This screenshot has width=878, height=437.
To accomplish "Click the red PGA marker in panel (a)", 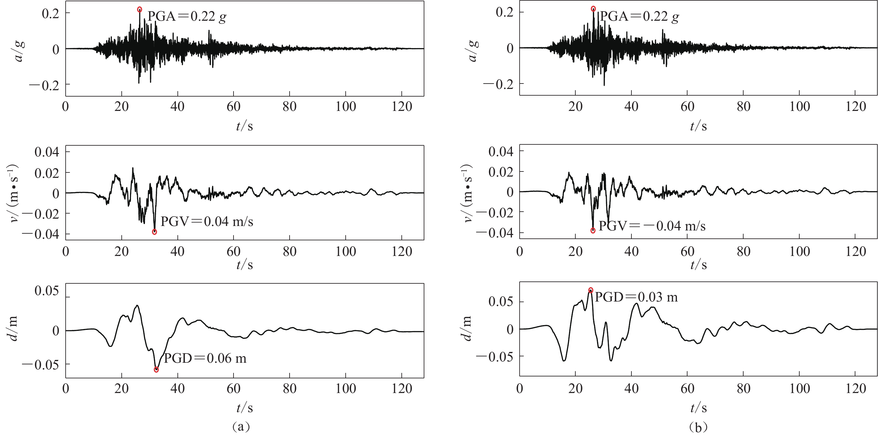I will point(140,10).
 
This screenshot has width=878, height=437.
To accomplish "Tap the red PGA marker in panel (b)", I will point(594,9).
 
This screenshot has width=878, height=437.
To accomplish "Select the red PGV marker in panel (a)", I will point(155,232).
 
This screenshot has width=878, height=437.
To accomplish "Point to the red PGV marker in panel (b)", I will point(593,230).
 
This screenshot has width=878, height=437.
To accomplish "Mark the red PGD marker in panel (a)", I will point(156,370).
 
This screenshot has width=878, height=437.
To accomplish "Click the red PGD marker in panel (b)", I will point(591,290).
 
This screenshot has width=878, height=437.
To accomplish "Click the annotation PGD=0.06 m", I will point(205,359).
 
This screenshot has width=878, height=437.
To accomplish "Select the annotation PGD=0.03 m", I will point(636,297).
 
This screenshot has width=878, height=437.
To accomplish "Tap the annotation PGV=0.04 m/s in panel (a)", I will point(207,222).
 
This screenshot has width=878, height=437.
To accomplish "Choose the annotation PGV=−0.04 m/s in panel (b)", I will point(652,226).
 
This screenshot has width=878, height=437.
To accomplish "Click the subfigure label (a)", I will point(241,426).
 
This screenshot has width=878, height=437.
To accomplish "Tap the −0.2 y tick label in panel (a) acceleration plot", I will point(44,84).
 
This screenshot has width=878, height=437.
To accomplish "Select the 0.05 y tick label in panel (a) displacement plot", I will point(47,291).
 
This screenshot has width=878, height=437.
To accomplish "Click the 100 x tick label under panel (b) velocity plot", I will point(800,252).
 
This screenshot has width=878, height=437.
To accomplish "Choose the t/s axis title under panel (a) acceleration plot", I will point(244,126).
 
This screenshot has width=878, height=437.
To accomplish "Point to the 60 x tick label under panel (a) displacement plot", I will point(234,389).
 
